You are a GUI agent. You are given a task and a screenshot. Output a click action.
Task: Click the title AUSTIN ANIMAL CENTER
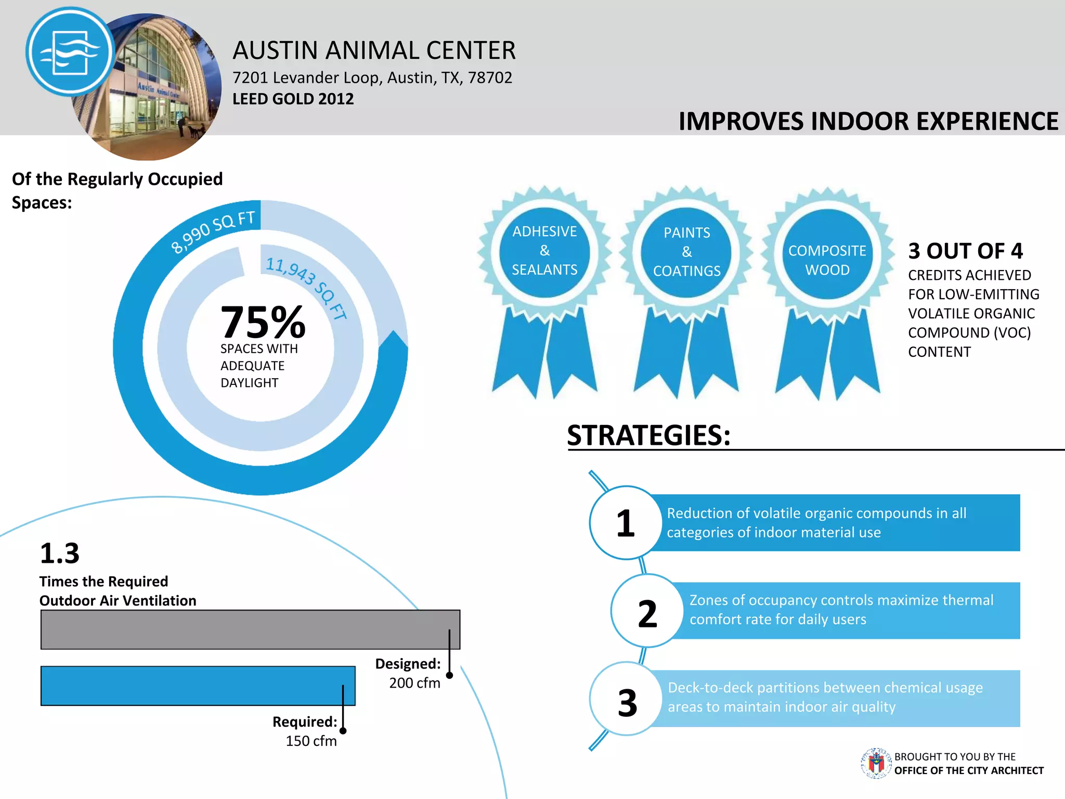point(373,50)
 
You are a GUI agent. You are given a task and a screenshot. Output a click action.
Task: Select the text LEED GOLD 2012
point(293,99)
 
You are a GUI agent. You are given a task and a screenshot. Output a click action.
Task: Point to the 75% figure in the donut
point(263,322)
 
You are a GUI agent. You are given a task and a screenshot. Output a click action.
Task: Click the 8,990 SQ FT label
point(213,231)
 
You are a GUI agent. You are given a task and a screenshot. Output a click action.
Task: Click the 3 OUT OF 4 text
point(965,251)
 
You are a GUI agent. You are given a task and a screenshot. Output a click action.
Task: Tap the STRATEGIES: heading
point(648,435)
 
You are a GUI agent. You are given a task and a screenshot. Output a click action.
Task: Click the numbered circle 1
point(626,523)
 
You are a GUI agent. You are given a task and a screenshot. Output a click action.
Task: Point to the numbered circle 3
point(627,700)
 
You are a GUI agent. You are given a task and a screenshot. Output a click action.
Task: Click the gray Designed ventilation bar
point(250,629)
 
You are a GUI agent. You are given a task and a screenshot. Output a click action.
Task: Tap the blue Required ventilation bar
point(198,686)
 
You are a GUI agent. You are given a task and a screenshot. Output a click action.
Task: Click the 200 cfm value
point(414,683)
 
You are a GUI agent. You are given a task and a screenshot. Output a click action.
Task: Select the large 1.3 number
point(60,553)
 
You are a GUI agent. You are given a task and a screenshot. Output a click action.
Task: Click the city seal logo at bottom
point(876,764)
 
